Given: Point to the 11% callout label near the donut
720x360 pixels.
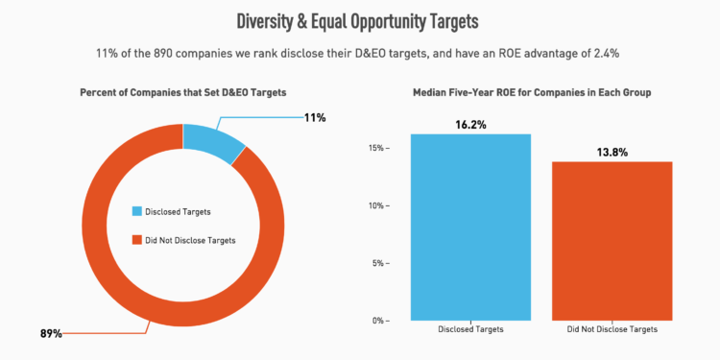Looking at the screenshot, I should [x=314, y=118].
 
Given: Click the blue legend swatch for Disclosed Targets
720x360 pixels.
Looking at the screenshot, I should [x=137, y=211].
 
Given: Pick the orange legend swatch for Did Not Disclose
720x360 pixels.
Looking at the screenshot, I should [x=137, y=240].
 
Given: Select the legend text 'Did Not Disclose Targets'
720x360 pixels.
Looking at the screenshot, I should [x=190, y=240].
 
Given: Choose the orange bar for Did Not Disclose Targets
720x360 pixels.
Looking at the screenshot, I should [x=612, y=240].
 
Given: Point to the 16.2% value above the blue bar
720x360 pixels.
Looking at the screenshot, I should [x=470, y=124].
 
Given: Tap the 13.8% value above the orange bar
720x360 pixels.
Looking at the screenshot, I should [x=612, y=152].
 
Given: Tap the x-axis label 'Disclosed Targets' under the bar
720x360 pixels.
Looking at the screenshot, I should [x=470, y=330].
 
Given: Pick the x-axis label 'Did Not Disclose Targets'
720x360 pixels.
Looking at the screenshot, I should [x=612, y=330].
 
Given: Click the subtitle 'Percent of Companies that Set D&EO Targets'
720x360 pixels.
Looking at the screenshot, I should [x=182, y=92].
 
